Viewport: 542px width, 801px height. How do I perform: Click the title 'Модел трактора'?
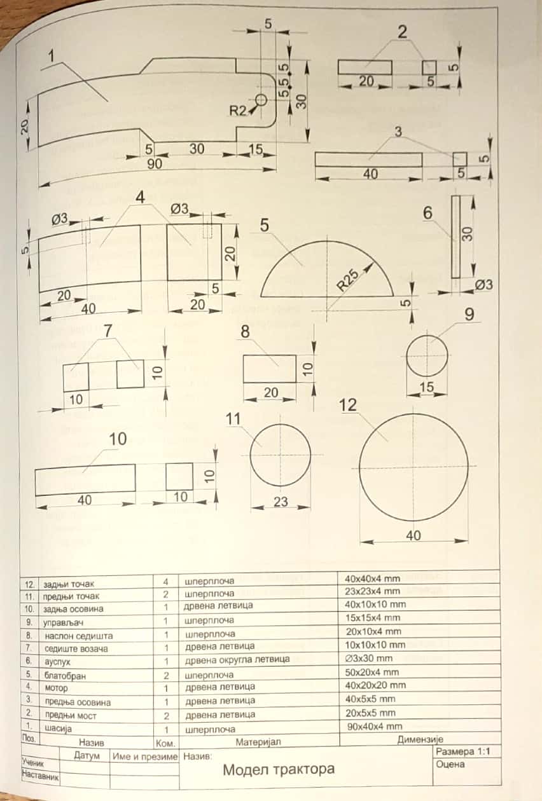click(278, 769)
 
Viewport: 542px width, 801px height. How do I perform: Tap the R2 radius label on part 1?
click(238, 110)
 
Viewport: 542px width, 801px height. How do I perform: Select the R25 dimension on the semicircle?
click(348, 279)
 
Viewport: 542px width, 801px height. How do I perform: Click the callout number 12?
click(348, 405)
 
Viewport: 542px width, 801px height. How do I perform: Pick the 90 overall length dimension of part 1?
click(155, 163)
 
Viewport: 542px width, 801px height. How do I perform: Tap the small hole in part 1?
click(260, 100)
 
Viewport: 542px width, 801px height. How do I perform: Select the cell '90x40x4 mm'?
click(374, 726)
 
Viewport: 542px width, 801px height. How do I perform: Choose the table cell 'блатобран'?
click(63, 674)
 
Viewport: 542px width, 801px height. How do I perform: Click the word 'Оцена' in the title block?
click(450, 765)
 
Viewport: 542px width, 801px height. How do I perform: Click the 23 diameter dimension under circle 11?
click(281, 502)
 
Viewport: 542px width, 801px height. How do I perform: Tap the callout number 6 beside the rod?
click(427, 214)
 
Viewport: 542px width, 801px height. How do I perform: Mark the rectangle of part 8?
click(270, 369)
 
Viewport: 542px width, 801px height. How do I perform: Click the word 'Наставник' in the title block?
click(39, 776)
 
